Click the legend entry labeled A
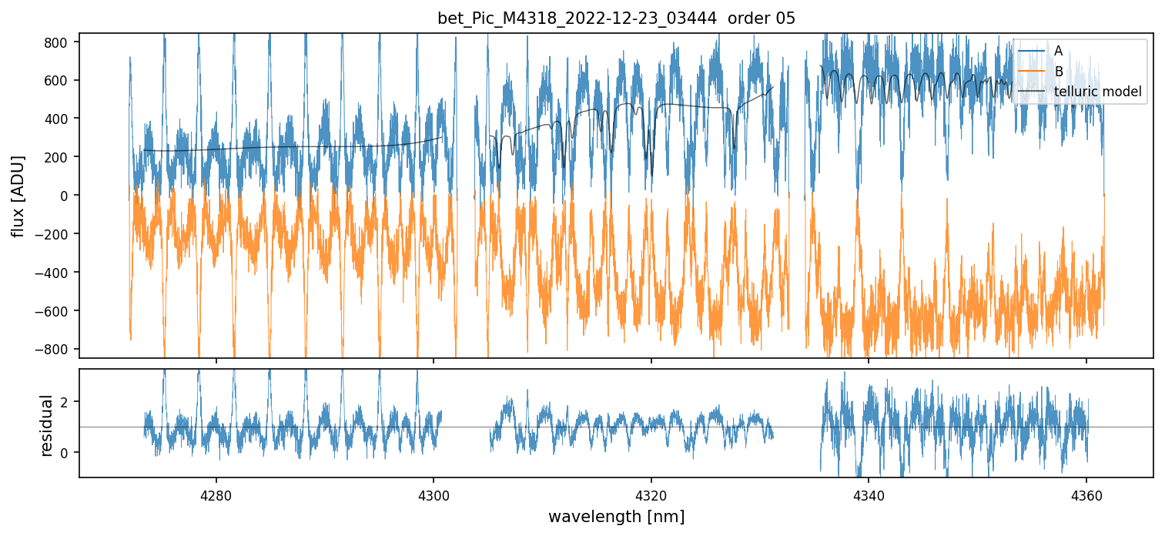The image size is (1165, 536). (1058, 51)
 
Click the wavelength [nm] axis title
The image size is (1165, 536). (616, 516)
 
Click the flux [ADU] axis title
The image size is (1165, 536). (18, 196)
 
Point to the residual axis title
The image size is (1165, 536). (47, 425)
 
